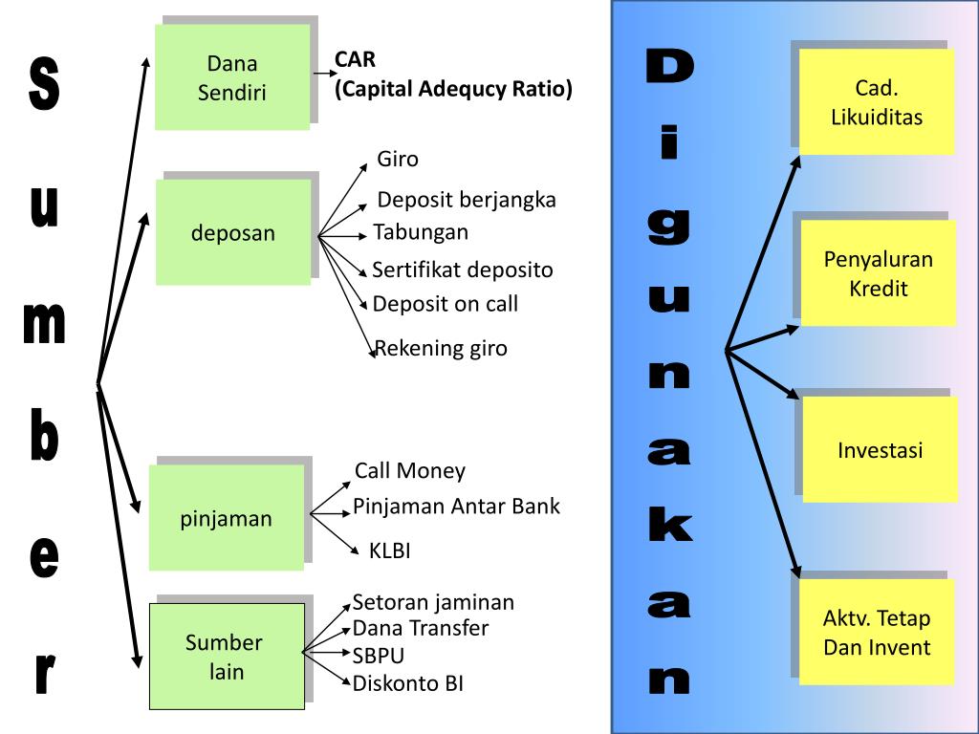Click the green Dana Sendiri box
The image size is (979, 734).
point(231,78)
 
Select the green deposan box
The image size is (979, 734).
point(232,232)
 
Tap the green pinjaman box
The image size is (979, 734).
point(226,519)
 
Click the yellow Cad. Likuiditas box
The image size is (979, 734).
point(877,103)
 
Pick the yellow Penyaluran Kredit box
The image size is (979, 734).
point(878,273)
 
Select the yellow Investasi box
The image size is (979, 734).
point(880,450)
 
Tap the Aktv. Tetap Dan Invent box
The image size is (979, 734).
point(877,632)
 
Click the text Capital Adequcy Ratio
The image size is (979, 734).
point(453,90)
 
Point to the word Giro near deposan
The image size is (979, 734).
point(398,159)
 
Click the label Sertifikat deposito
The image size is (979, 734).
point(463,270)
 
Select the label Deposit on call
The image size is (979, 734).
point(446,304)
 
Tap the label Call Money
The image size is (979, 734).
point(410,470)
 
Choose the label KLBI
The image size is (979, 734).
point(390,550)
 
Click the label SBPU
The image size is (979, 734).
point(379,656)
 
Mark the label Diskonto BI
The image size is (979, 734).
point(408,683)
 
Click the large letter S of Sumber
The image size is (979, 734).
point(44,84)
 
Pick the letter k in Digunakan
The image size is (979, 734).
point(669,527)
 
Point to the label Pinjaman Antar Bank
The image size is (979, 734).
point(456,506)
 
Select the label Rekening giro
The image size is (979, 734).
point(441,348)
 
